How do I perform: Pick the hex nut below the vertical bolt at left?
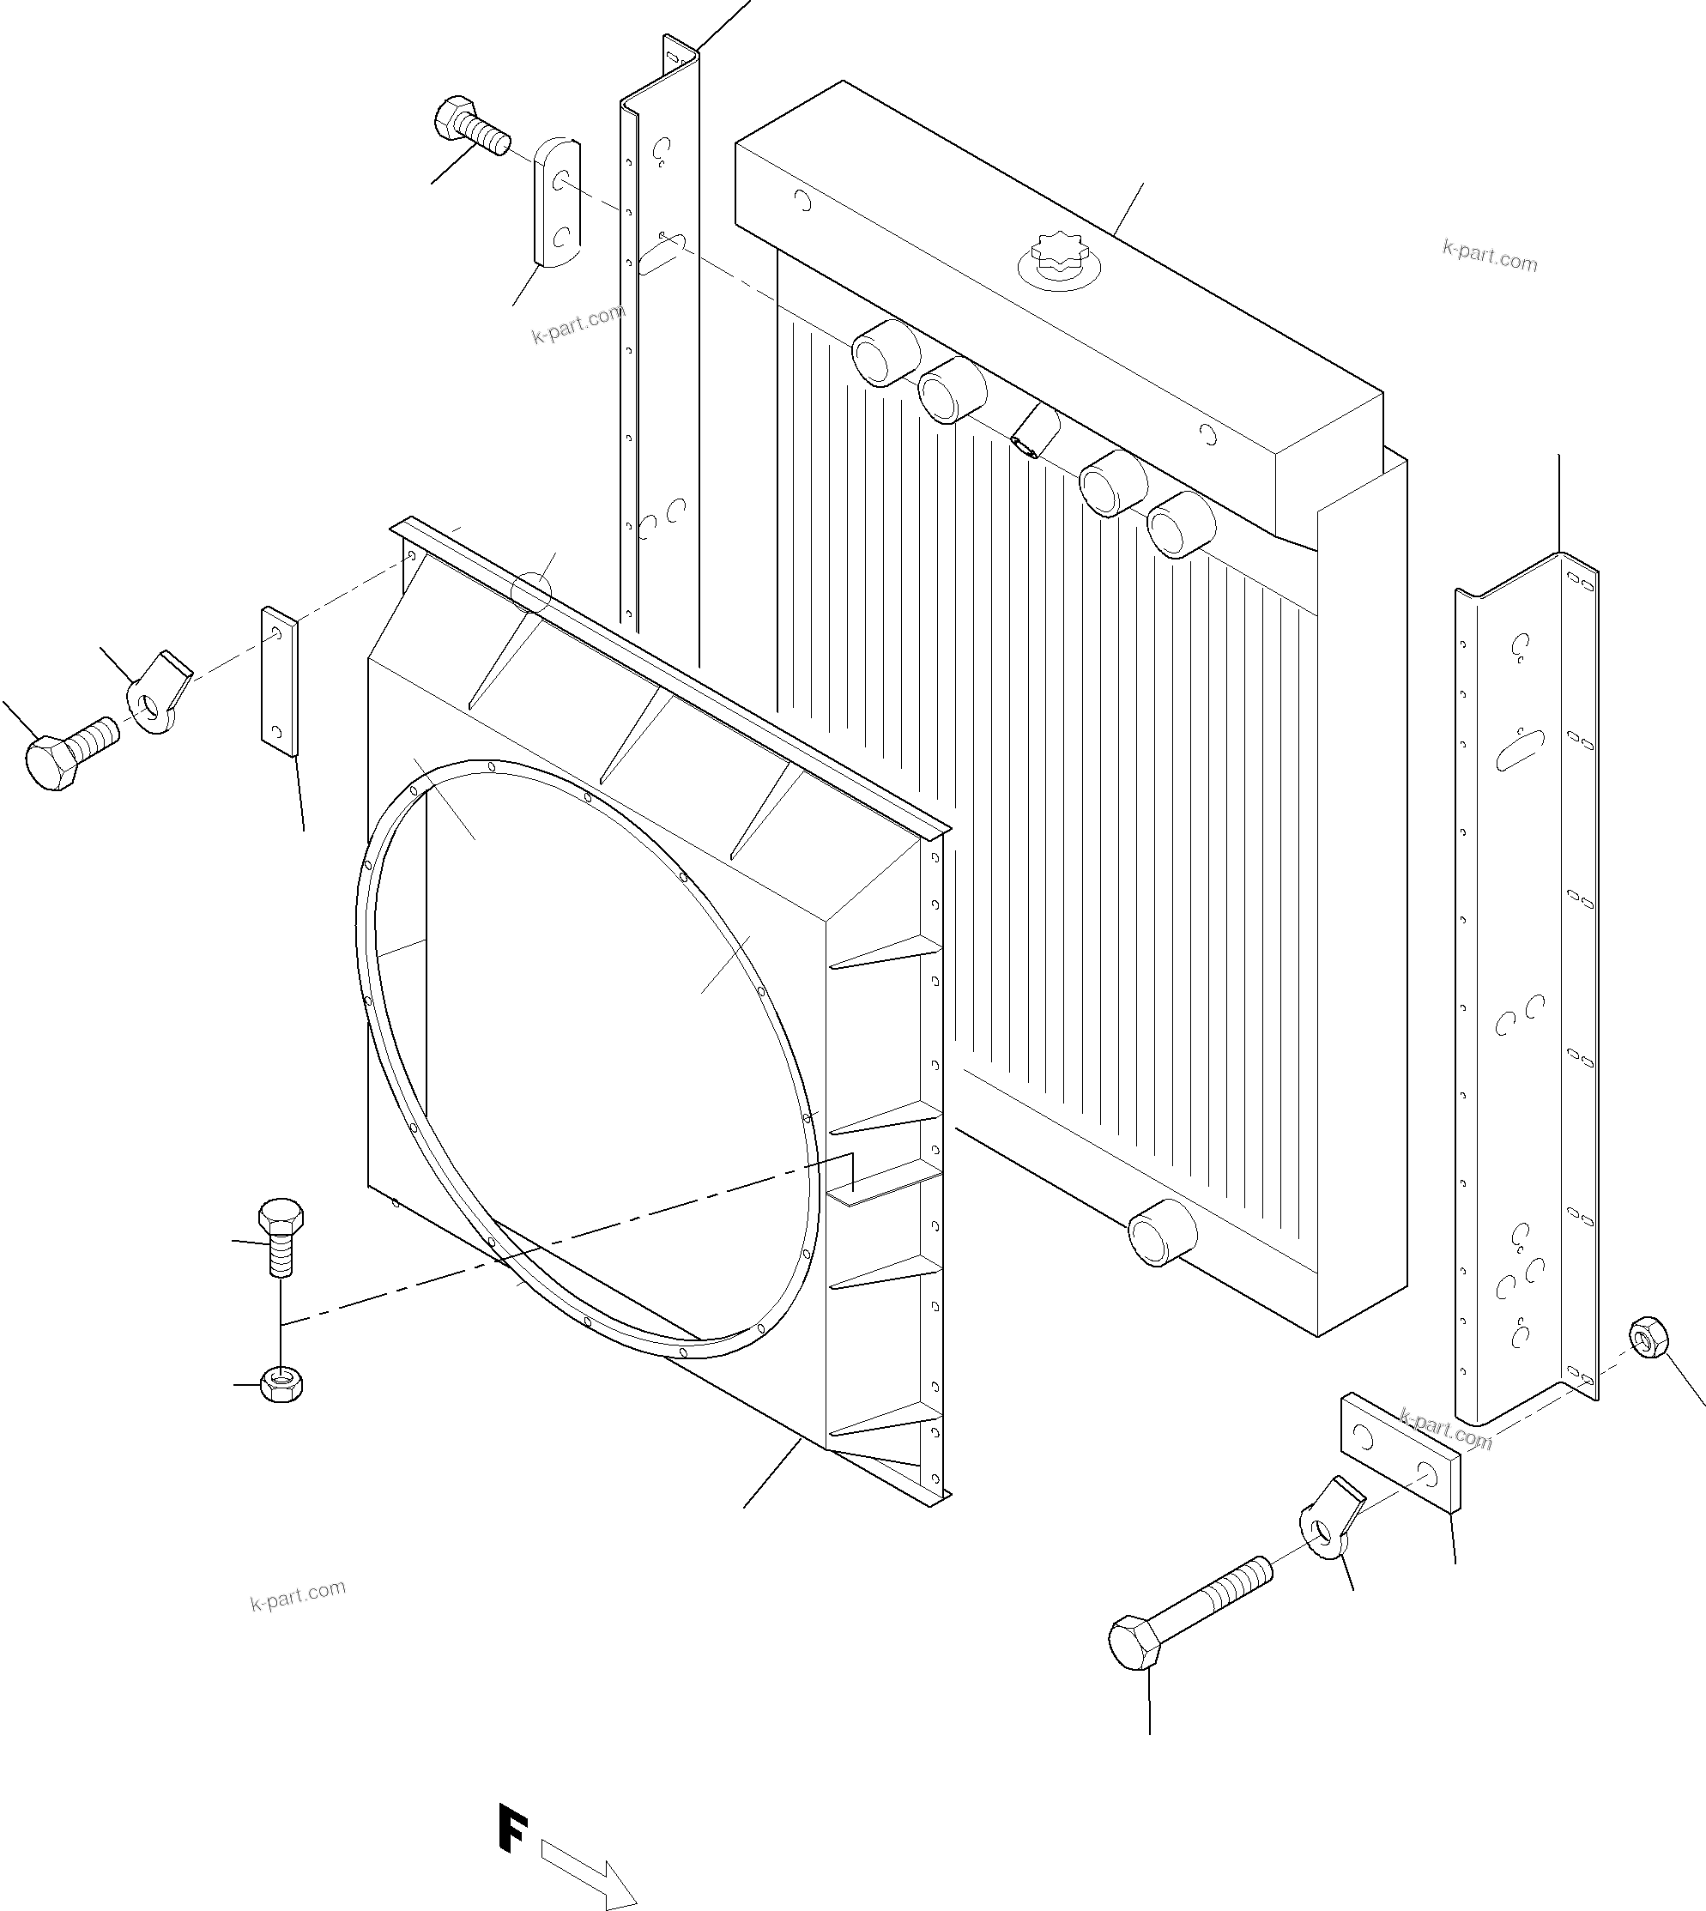[x=281, y=1382]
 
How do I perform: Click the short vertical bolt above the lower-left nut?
[x=281, y=1236]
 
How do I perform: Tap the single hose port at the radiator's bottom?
[x=1162, y=1231]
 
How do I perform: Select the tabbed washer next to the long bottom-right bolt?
[x=1324, y=1529]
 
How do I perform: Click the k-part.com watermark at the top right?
[x=1490, y=254]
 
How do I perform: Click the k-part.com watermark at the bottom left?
[x=298, y=1594]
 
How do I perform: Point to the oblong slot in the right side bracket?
[x=1520, y=750]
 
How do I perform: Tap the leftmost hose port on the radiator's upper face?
[x=885, y=353]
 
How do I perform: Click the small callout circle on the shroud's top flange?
[x=531, y=591]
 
